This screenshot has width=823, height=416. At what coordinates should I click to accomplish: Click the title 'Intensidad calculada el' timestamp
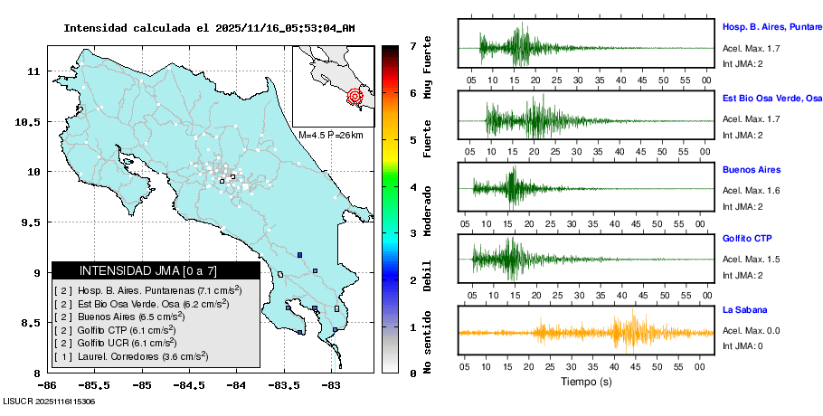209,28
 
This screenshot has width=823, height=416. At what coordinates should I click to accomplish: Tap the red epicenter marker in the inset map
355,95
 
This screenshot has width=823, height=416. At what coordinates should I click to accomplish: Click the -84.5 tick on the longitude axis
189,385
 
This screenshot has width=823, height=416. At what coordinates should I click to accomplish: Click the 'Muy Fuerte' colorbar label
428,69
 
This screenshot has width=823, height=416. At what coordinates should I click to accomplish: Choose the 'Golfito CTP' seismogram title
747,239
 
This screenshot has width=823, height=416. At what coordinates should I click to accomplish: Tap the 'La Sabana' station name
743,310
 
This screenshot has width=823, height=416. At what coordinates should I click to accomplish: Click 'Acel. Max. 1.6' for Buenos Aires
751,191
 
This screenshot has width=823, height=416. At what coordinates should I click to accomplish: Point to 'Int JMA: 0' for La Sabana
743,346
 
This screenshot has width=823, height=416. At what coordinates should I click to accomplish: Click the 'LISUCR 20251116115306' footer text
50,401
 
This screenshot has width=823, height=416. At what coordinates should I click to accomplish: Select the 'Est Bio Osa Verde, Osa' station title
771,98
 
